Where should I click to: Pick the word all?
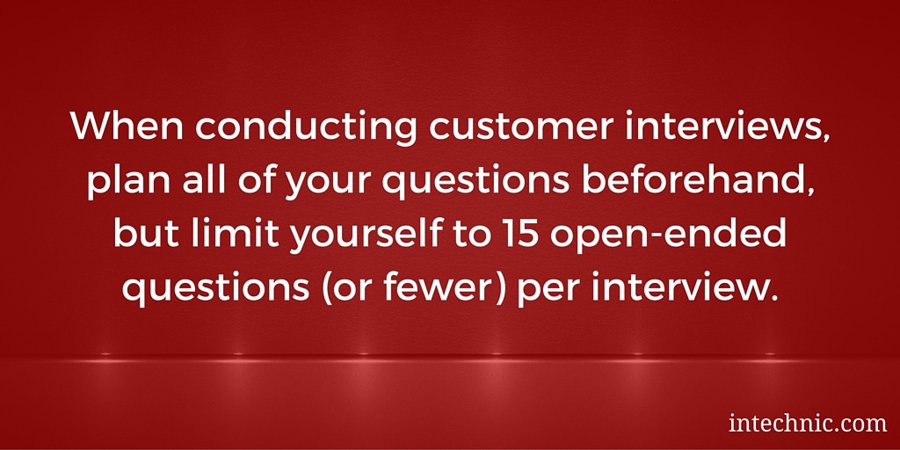point(197,184)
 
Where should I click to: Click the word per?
point(544,293)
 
